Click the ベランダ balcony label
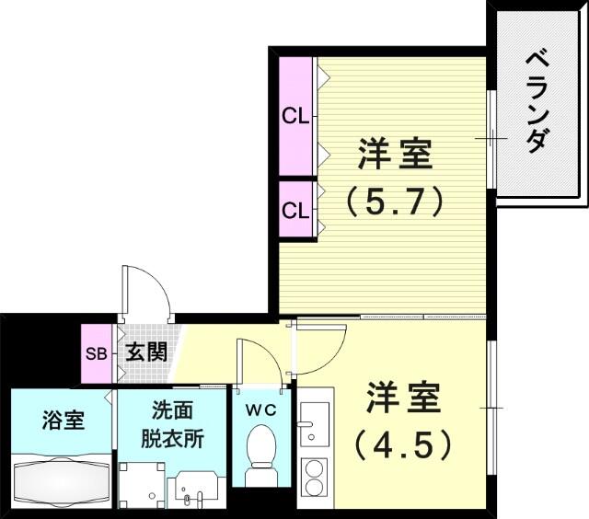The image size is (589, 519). click(x=537, y=103)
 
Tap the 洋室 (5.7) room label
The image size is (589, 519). click(x=395, y=178)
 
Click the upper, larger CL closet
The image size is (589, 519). click(x=295, y=116)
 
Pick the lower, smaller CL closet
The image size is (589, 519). click(x=295, y=209)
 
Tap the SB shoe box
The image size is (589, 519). click(x=97, y=353)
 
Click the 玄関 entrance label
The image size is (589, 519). click(x=146, y=352)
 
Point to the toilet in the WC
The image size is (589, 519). click(x=261, y=456)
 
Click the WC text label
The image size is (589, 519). click(x=261, y=410)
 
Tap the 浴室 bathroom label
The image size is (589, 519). click(x=63, y=420)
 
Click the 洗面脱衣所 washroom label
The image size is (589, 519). click(x=172, y=424)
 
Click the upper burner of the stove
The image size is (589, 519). click(x=315, y=469)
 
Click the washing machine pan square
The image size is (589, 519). click(x=142, y=485)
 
